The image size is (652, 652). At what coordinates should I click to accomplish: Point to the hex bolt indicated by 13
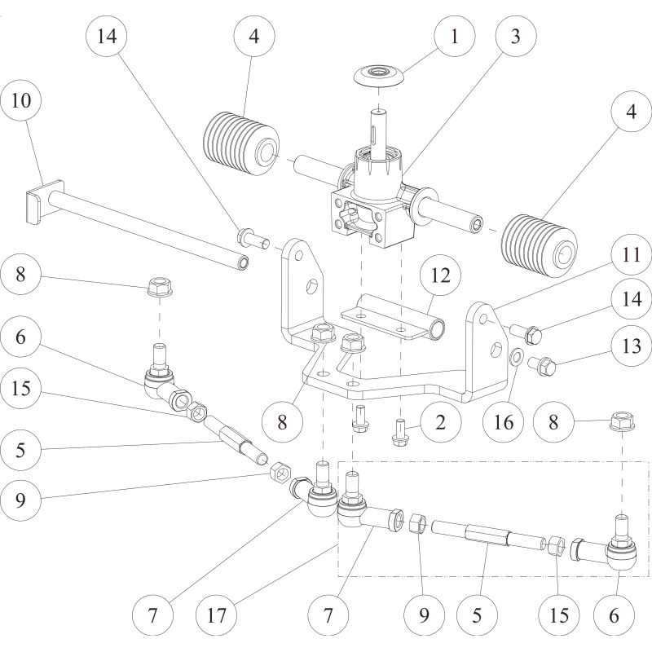543,363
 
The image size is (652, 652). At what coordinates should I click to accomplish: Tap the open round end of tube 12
438,329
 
